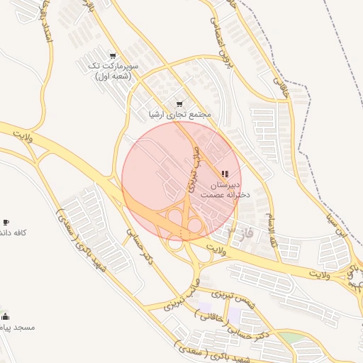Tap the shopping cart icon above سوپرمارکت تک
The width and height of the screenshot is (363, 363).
[x=113, y=56]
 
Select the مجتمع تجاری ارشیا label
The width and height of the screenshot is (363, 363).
[x=180, y=114]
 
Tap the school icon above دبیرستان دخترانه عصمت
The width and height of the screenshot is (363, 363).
[x=225, y=174]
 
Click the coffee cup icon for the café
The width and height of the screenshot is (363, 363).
[x=6, y=223]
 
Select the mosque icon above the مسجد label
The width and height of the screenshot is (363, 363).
[x=6, y=316]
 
